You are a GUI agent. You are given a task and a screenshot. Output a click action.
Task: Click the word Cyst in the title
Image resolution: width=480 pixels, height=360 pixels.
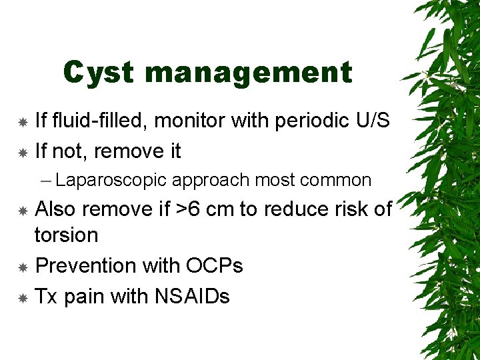tap(99, 73)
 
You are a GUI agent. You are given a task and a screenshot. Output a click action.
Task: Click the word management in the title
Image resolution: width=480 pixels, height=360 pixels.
tap(248, 73)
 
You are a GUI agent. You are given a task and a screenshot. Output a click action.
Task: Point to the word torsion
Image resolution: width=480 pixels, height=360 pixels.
tap(66, 235)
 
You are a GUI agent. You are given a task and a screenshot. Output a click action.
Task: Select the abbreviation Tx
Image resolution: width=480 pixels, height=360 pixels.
tap(46, 296)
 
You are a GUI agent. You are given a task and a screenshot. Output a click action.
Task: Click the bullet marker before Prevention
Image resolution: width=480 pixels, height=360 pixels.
tap(22, 266)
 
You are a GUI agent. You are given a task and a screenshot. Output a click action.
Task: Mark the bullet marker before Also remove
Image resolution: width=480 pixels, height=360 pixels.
tap(22, 210)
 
